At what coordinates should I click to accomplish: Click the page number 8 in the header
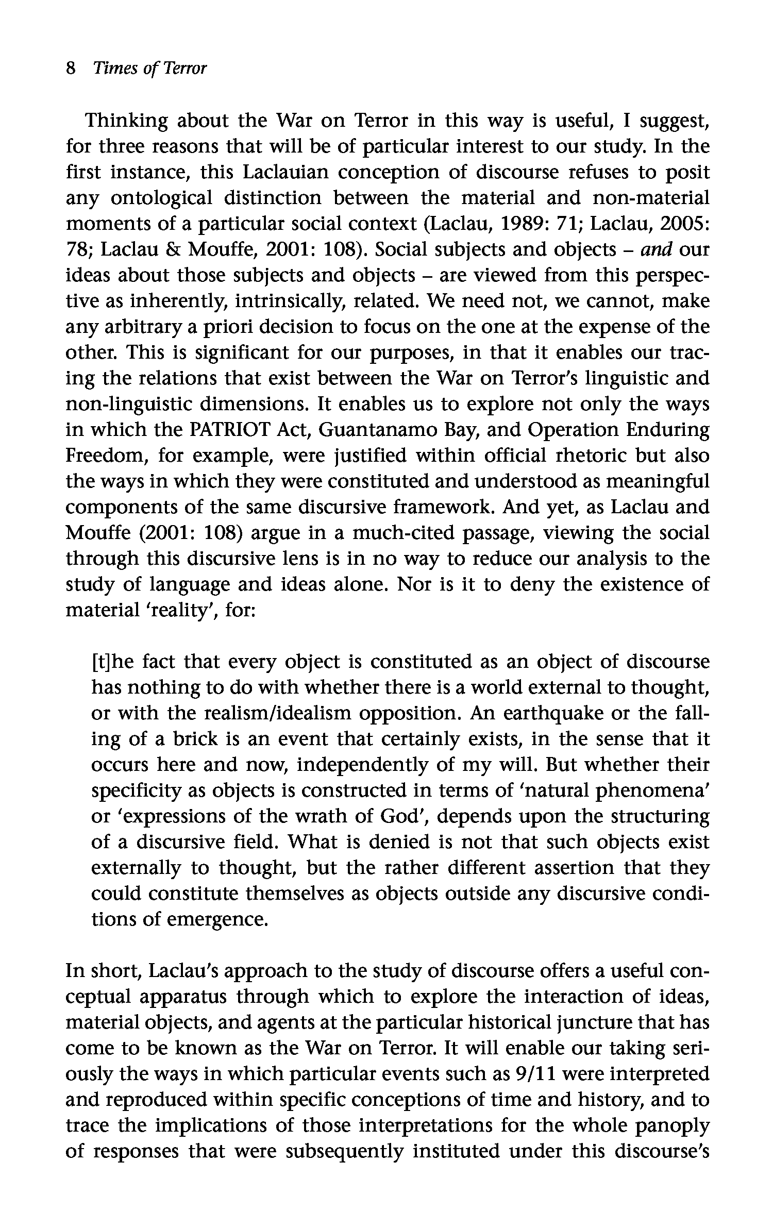(71, 68)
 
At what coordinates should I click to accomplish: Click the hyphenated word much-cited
(403, 533)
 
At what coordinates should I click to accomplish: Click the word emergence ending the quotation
(216, 920)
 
